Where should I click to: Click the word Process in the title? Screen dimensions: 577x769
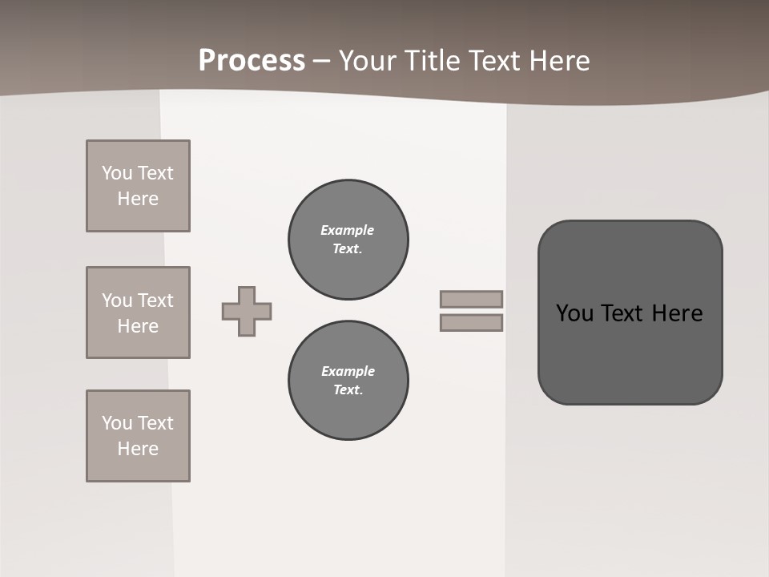click(252, 61)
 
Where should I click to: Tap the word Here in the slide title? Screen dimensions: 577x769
click(558, 61)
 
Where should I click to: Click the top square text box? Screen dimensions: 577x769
click(138, 186)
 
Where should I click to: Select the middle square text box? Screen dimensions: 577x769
click(138, 313)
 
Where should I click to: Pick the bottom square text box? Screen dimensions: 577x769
click(138, 436)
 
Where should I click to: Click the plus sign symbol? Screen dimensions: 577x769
click(247, 311)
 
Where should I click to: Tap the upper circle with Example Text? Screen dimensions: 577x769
click(348, 240)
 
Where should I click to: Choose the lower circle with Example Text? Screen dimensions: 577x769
click(348, 381)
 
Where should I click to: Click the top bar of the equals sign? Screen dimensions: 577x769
click(471, 299)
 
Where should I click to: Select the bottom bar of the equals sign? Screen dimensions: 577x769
click(471, 323)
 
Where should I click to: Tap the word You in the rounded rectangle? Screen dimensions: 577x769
click(574, 313)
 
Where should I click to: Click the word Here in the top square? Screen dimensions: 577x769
click(138, 199)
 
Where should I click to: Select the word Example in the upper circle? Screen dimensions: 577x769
click(347, 230)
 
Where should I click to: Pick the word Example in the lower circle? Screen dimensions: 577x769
click(348, 371)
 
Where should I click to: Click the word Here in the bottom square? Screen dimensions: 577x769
click(138, 449)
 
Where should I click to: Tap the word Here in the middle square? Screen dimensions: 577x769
click(138, 326)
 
